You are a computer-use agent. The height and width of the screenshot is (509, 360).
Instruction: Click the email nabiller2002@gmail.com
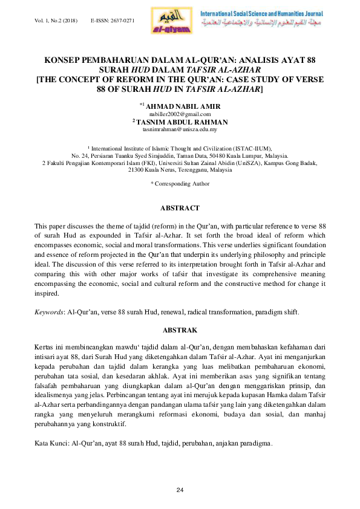[180, 114]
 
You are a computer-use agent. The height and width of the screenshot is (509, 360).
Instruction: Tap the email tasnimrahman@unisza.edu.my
[180, 129]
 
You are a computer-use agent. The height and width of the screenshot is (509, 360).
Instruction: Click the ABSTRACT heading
[180, 208]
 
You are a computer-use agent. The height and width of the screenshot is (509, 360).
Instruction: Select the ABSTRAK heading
[180, 330]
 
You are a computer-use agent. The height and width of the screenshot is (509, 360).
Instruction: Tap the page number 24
[180, 488]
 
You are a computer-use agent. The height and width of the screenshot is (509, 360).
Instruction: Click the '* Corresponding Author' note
[180, 183]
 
